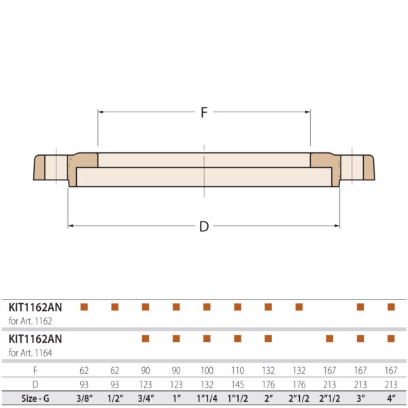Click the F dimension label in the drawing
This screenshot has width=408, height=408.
tap(203, 113)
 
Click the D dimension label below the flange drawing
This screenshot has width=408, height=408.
tap(203, 226)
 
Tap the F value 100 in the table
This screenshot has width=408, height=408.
tap(207, 371)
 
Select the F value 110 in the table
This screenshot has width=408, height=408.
tap(237, 371)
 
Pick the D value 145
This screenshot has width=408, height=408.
tap(237, 384)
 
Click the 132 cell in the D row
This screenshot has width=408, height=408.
tap(207, 384)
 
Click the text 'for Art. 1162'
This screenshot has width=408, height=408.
tap(31, 320)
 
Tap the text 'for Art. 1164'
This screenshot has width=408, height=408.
tap(31, 352)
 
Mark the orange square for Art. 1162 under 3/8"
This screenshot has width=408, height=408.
tap(84, 307)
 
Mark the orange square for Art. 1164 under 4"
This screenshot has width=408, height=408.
tap(391, 338)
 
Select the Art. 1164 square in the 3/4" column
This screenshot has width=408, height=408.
tap(146, 338)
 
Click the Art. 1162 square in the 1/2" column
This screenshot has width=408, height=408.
tap(115, 307)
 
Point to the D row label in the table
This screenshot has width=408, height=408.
tap(35, 384)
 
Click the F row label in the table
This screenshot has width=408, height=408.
tap(35, 371)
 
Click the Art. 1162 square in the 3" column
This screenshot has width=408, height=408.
tap(360, 307)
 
